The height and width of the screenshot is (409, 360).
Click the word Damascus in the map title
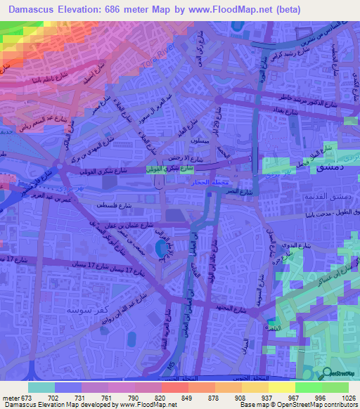coord(29,10)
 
